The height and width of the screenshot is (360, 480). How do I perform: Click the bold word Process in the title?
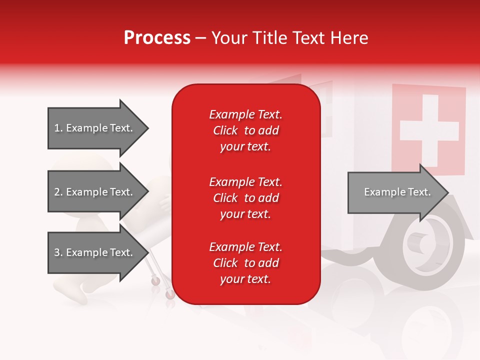pos(157,38)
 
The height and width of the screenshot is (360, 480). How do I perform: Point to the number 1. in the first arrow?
pos(58,128)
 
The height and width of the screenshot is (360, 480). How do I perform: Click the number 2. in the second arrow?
pos(58,192)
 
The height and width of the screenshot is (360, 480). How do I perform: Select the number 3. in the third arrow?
pos(58,252)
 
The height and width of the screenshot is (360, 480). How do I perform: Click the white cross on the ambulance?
pos(428,129)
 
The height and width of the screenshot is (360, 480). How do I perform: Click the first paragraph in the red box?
pos(245,130)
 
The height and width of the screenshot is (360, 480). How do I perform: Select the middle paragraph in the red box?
pos(245,198)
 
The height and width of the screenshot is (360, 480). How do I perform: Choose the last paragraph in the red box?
pos(245,263)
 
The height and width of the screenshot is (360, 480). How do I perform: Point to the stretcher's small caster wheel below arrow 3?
pos(156,281)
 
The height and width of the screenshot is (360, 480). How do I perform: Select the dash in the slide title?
pos(200,38)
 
